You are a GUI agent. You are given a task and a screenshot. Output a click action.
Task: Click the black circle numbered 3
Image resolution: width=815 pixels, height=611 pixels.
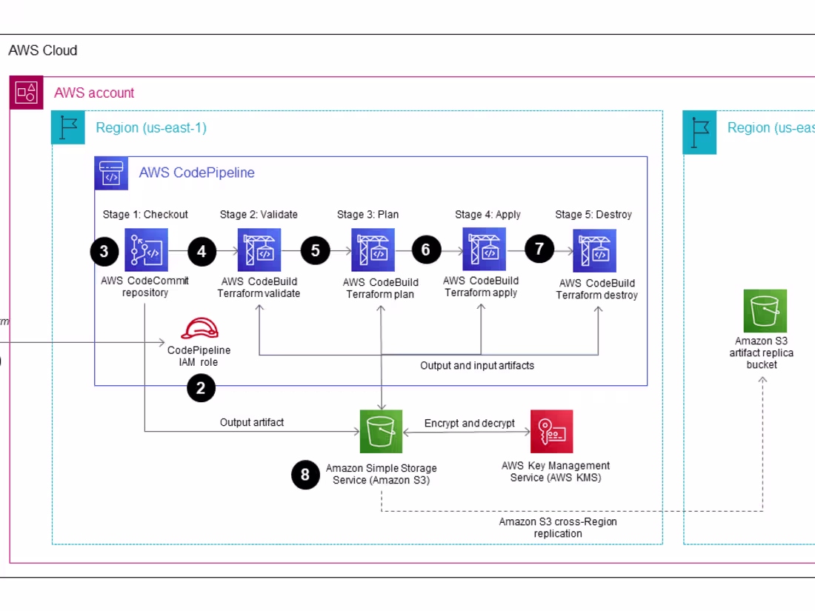104,251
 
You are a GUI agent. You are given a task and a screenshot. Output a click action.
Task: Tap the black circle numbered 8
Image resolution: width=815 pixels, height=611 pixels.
305,475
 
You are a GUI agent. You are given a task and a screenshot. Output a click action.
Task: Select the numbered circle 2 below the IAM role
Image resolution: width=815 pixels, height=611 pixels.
201,387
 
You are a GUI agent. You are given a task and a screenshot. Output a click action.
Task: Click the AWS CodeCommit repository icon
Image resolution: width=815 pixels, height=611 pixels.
146,250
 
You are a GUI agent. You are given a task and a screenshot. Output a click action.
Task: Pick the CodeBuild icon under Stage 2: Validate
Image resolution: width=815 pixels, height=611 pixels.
259,250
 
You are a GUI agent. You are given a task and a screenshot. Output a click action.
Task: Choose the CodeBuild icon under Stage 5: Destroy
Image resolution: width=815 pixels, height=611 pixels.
594,250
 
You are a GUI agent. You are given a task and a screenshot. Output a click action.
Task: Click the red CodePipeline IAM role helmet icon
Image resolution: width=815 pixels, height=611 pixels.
199,328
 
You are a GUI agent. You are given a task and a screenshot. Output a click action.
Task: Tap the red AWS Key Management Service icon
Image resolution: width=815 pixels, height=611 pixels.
551,431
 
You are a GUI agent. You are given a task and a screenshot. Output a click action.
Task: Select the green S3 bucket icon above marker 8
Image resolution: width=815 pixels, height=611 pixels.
381,431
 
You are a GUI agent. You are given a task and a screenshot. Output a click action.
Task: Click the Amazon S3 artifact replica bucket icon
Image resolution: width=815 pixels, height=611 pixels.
765,311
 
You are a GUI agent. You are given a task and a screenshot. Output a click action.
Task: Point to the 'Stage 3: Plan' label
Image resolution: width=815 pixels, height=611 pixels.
367,215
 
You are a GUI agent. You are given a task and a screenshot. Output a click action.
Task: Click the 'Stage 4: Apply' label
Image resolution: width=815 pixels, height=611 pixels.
488,215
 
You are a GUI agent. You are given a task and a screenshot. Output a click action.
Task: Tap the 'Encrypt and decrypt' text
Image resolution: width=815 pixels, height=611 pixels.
470,424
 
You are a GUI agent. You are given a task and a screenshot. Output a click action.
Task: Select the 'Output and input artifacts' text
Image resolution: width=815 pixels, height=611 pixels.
477,366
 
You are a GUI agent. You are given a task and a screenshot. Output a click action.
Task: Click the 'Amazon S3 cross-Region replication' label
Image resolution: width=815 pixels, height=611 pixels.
557,527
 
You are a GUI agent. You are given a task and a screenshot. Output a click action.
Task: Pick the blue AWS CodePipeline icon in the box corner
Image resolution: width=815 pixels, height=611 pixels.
111,173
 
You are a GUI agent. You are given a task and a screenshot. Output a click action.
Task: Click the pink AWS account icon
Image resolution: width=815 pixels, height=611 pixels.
26,93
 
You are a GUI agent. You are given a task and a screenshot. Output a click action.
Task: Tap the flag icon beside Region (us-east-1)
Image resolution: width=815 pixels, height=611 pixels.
68,127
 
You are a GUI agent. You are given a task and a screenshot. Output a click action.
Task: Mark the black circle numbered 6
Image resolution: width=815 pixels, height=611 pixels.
425,250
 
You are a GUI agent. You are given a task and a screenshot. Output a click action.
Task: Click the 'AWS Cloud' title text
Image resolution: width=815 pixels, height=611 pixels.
42,51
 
